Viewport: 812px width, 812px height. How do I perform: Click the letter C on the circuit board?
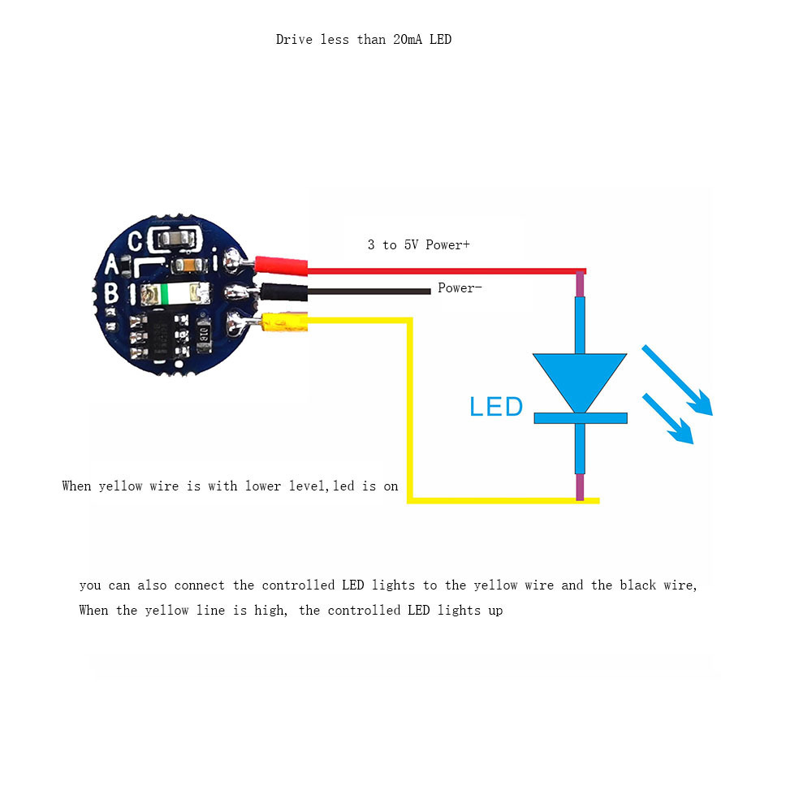click(x=136, y=240)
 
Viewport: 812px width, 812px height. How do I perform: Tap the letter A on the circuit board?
click(x=113, y=265)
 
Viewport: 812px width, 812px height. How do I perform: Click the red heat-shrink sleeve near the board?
click(x=282, y=265)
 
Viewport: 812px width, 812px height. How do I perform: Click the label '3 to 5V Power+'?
click(x=418, y=244)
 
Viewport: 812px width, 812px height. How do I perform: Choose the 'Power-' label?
click(x=460, y=287)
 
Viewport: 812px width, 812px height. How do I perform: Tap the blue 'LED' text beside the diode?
click(x=495, y=406)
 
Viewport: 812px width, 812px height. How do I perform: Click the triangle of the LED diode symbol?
click(x=580, y=378)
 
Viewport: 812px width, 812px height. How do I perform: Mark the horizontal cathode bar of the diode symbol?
click(x=580, y=417)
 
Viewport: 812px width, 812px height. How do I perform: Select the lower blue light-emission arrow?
click(x=668, y=419)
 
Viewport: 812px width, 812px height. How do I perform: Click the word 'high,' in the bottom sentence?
click(x=270, y=610)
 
